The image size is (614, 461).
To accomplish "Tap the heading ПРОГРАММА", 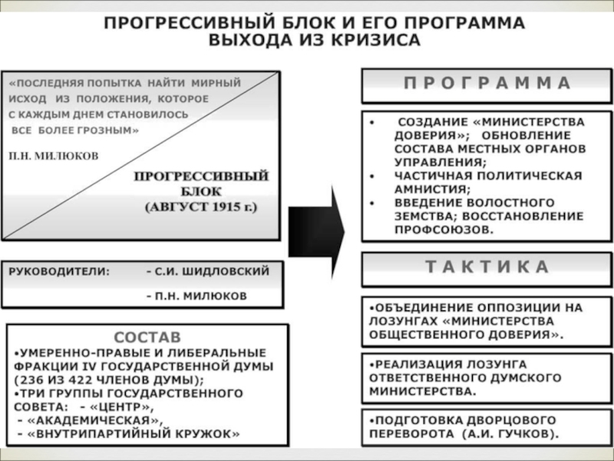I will click(x=487, y=83).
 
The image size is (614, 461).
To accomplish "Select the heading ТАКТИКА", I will click(x=487, y=268).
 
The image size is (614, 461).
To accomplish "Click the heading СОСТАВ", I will click(x=148, y=337).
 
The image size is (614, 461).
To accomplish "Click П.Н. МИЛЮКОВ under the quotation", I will click(x=54, y=154).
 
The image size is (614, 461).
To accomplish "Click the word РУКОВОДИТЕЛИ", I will click(x=59, y=271).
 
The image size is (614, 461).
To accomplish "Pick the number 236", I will click(x=30, y=380).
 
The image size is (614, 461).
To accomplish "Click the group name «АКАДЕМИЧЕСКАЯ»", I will click(x=97, y=420).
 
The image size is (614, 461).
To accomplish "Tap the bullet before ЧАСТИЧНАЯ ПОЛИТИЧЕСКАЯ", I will click(x=372, y=176).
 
